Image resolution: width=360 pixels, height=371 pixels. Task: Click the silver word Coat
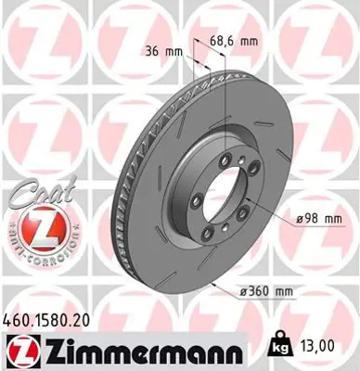pos(34,195)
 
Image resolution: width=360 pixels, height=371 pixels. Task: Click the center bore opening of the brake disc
pos(215,194)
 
